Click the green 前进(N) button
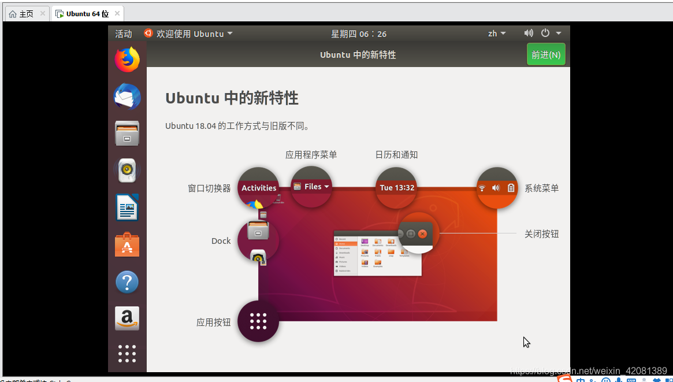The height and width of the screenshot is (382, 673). (x=546, y=55)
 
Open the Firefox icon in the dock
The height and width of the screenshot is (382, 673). (x=127, y=60)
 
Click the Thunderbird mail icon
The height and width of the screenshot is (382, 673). (x=127, y=97)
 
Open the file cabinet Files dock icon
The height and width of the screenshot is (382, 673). (x=127, y=133)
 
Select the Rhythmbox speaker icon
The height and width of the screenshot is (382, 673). (x=127, y=170)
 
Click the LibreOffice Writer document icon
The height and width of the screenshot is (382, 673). (x=127, y=207)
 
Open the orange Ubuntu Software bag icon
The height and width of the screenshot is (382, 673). (x=127, y=245)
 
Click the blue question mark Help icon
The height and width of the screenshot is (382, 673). (x=127, y=282)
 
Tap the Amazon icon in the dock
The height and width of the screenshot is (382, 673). (x=127, y=318)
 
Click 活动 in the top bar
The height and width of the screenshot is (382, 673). (x=124, y=34)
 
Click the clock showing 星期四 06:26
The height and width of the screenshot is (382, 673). (x=359, y=34)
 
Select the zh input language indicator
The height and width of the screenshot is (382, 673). (x=496, y=34)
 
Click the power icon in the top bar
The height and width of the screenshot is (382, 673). (x=545, y=34)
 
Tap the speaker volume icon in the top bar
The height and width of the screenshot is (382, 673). (x=529, y=34)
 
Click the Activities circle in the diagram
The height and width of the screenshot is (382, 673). (x=258, y=188)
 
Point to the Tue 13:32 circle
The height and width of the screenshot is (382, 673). (x=397, y=188)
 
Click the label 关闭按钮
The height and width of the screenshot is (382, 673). (x=541, y=234)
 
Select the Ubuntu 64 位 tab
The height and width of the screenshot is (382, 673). (x=87, y=14)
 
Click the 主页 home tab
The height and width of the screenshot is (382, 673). (x=26, y=14)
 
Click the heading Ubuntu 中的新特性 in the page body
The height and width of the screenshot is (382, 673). (x=232, y=98)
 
